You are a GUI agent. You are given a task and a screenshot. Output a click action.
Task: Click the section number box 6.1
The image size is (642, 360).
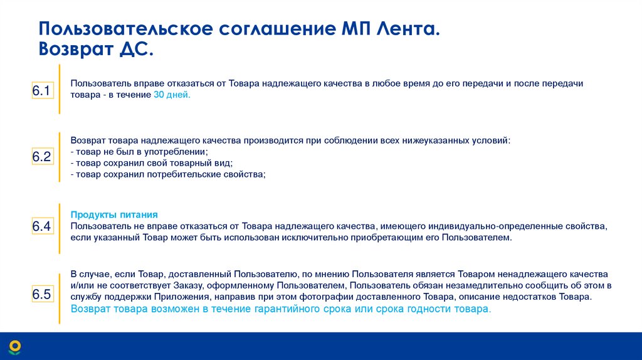click(x=41, y=91)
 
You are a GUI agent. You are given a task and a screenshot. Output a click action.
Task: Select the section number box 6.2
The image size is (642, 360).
click(x=41, y=157)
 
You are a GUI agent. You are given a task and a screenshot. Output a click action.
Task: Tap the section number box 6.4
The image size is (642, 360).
click(x=41, y=226)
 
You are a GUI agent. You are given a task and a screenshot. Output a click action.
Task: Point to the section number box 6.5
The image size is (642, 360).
click(x=41, y=294)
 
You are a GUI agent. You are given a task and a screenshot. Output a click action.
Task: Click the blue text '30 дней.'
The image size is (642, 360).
click(x=171, y=95)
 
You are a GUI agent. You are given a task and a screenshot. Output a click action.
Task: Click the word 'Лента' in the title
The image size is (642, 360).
click(x=408, y=29)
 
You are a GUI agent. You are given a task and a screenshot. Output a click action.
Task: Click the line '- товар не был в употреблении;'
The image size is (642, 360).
click(x=139, y=152)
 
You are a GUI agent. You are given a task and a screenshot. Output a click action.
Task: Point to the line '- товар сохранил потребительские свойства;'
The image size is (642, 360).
click(x=167, y=175)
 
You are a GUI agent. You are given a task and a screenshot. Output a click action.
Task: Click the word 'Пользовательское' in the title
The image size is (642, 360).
click(x=125, y=29)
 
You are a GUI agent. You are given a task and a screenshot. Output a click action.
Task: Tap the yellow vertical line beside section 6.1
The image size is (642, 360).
click(x=60, y=89)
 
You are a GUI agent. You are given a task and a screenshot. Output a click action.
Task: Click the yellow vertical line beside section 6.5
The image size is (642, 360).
click(x=60, y=293)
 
